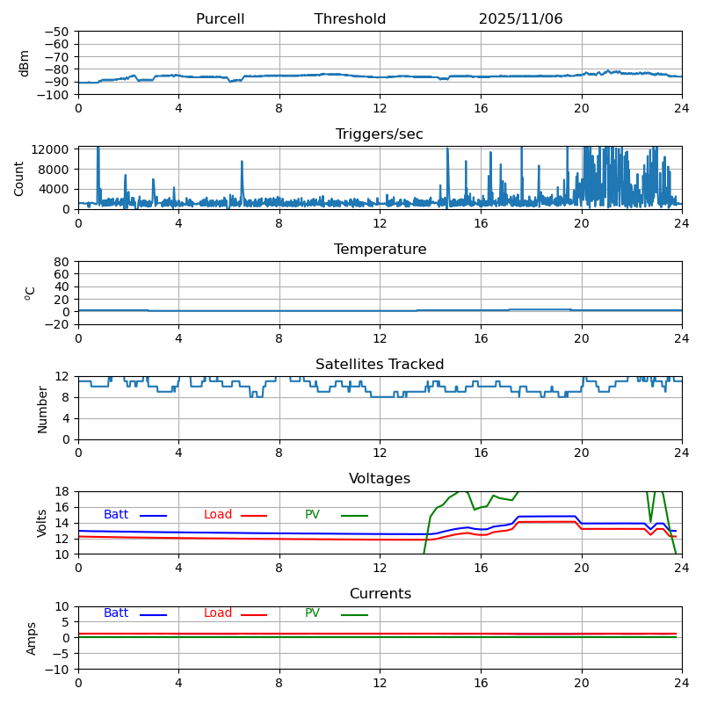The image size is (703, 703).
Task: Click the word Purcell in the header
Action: tap(220, 19)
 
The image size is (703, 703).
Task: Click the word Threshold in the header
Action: tap(350, 19)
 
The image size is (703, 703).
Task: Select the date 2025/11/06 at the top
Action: tap(520, 19)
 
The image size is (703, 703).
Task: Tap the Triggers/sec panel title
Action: tap(380, 134)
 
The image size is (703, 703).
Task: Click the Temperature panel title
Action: tap(380, 250)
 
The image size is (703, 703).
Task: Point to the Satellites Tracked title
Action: tap(380, 365)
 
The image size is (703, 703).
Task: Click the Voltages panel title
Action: tap(380, 479)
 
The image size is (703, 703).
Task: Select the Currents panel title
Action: tap(380, 594)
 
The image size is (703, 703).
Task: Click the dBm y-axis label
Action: tap(25, 63)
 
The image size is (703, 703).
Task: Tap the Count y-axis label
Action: tap(19, 178)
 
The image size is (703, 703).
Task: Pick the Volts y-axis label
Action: tap(42, 523)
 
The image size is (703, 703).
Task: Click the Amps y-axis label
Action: tap(32, 638)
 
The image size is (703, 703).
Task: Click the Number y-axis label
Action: tap(42, 409)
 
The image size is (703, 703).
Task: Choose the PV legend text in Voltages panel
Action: tap(313, 515)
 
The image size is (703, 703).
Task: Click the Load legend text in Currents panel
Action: tap(218, 613)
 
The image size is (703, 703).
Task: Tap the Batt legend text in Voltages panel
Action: tap(116, 515)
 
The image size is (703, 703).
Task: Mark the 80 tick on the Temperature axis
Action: tap(62, 262)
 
